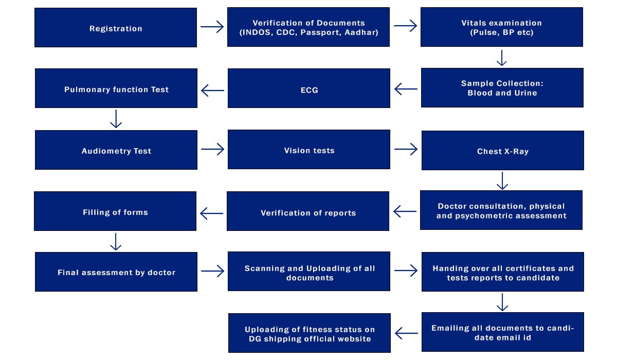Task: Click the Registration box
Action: point(116,28)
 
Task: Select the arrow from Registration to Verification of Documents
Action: point(212,27)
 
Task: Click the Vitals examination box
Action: point(502,27)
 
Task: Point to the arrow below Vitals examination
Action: point(502,58)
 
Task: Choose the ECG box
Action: point(309,88)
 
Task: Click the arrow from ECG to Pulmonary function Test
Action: point(212,91)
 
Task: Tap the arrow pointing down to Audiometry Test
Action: point(116,119)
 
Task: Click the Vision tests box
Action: point(309,150)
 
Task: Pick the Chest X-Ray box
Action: point(503,150)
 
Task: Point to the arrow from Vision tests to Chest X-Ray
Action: point(406,149)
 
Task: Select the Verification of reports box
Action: point(308,211)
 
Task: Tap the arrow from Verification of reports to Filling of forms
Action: point(211,213)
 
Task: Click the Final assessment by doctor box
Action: point(116,272)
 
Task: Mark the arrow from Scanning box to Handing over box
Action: point(406,271)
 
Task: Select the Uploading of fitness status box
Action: point(310,333)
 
